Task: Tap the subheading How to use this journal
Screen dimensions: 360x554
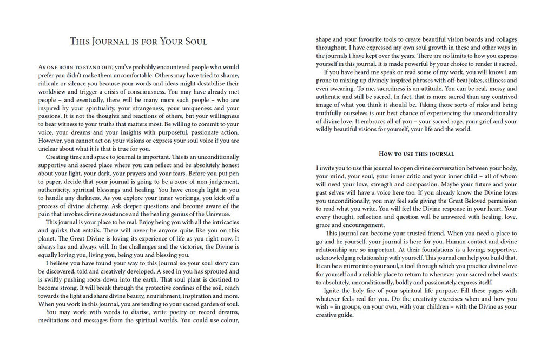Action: [x=416, y=154]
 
